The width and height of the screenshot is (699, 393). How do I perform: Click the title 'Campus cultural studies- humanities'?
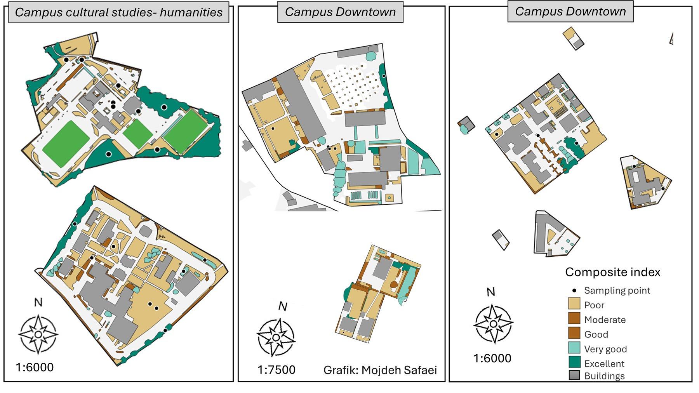118,12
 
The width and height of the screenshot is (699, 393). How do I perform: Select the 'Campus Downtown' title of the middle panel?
340,12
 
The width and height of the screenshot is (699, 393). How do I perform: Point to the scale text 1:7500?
276,370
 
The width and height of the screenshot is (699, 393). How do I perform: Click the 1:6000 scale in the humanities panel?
35,367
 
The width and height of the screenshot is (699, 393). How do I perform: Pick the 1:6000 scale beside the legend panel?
492,358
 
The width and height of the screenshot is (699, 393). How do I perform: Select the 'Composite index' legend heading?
612,272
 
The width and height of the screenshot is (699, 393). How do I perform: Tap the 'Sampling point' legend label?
617,290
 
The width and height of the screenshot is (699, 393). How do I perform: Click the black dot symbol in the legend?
574,290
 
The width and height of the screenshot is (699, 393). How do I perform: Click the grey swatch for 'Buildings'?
574,375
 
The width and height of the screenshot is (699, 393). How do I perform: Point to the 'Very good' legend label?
605,349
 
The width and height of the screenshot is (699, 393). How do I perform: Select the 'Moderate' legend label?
605,320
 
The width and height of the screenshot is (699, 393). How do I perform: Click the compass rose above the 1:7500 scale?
276,337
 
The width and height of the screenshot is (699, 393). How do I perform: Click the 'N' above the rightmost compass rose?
491,292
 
